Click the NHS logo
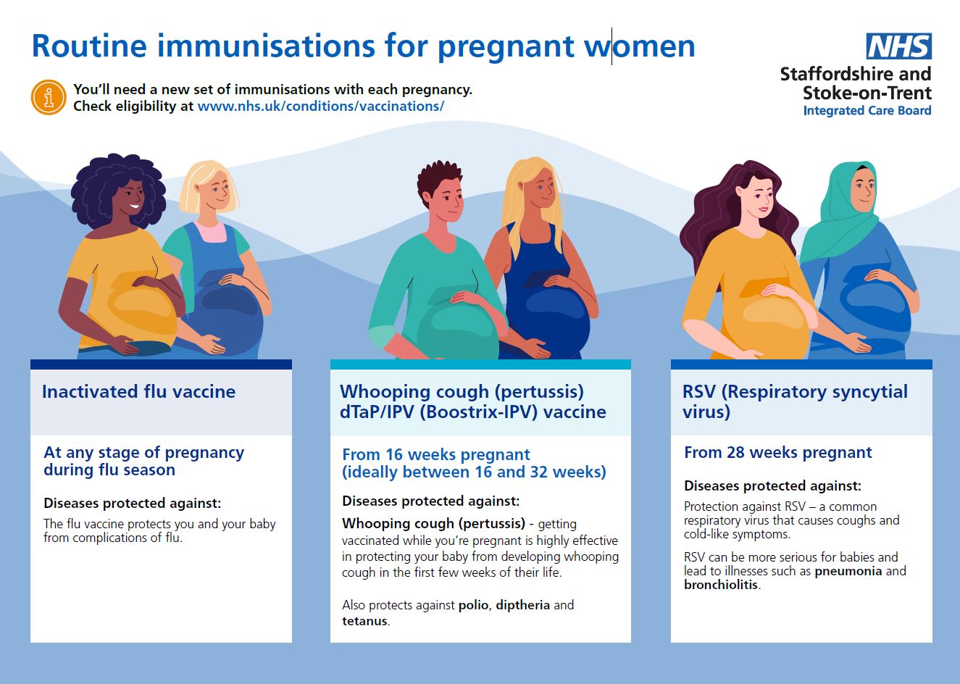898,46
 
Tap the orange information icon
49,97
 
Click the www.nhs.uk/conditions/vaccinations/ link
320,106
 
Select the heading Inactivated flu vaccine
138,392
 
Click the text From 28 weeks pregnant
778,453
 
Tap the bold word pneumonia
848,571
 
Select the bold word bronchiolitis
721,585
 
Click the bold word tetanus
364,621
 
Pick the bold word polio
475,605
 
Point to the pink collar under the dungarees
210,231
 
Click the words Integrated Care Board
867,110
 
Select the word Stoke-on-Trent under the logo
867,93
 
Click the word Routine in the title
90,46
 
